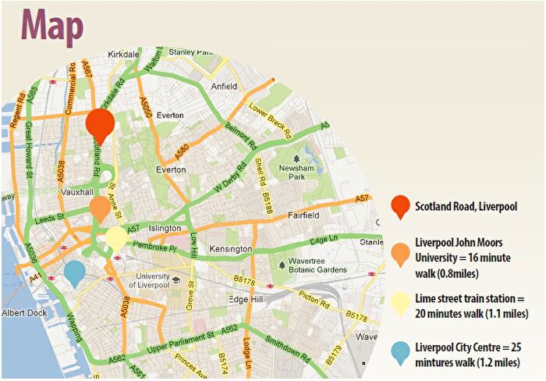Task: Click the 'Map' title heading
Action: (53, 25)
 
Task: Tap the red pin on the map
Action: (100, 124)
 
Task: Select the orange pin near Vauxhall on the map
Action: (99, 208)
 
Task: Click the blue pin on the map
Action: (75, 273)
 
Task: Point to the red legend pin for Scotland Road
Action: (400, 206)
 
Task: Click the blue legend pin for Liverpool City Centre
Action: (400, 353)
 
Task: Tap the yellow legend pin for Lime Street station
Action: (400, 302)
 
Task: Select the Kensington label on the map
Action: (231, 249)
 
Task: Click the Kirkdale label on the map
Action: (124, 55)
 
